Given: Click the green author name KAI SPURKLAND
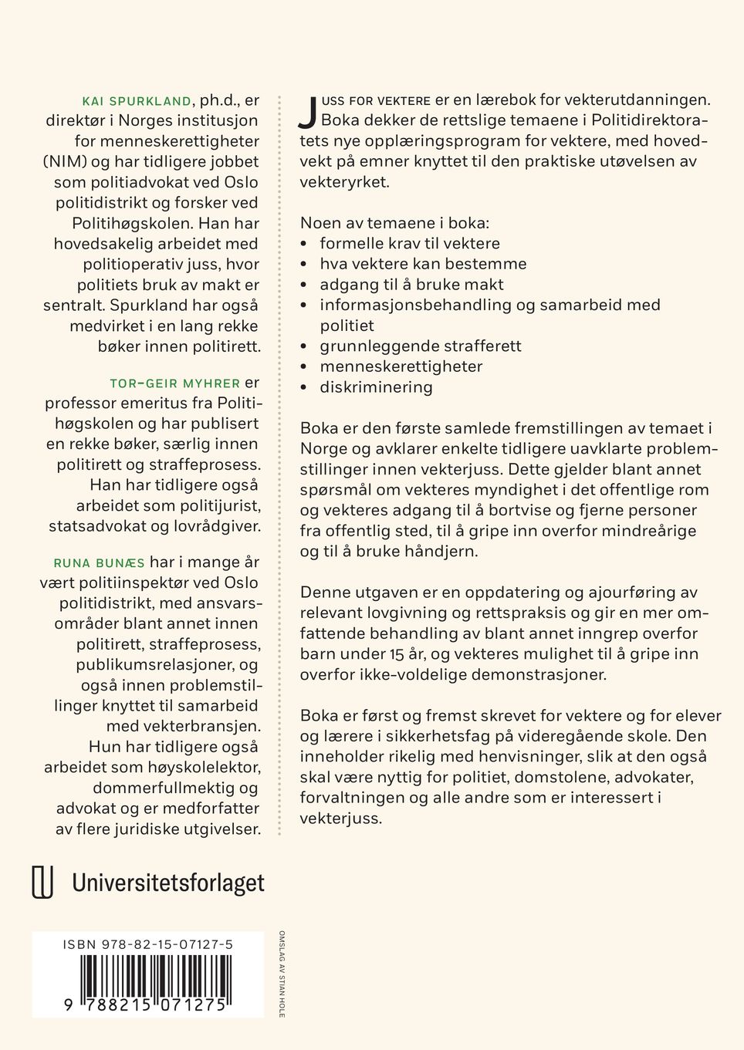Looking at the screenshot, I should (137, 101).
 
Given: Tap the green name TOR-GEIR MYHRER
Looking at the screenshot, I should (175, 383).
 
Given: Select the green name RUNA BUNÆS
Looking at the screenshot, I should (99, 562).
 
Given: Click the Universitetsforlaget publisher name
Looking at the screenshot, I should (168, 883).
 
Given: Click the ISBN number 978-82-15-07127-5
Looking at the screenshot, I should (148, 944).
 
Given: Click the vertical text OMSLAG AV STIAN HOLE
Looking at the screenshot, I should (282, 974).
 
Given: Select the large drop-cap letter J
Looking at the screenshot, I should (308, 113).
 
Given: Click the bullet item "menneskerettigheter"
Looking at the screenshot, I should (401, 366).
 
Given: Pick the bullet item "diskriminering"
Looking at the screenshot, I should (377, 387).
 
